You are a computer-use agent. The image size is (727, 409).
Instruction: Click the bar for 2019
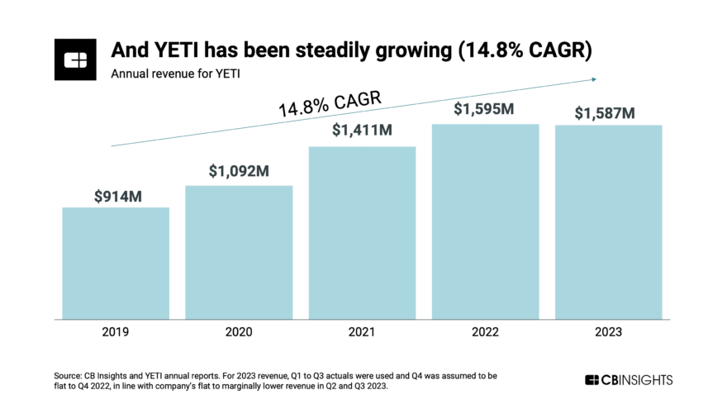(x=116, y=263)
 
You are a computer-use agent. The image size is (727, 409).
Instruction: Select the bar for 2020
(x=239, y=252)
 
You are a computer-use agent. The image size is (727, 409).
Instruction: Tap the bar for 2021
(x=362, y=232)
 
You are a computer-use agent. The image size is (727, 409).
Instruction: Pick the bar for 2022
(x=485, y=221)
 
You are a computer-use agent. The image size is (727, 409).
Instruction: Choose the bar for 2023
(x=608, y=221)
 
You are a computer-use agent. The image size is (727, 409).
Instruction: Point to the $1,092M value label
(x=239, y=172)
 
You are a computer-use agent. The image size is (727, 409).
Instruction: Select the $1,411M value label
(x=362, y=130)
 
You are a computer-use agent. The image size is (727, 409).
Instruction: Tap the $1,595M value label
(x=485, y=109)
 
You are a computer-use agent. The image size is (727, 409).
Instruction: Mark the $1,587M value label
(x=608, y=112)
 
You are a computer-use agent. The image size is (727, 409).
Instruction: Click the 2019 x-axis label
(x=116, y=332)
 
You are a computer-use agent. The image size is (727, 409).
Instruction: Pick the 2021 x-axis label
(x=362, y=332)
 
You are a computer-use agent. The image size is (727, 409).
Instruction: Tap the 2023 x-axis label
(x=608, y=332)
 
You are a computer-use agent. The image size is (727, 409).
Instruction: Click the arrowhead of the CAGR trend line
(x=593, y=79)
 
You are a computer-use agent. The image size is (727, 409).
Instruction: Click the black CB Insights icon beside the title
(x=77, y=59)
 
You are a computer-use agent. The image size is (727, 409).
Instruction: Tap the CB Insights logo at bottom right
(x=629, y=380)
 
